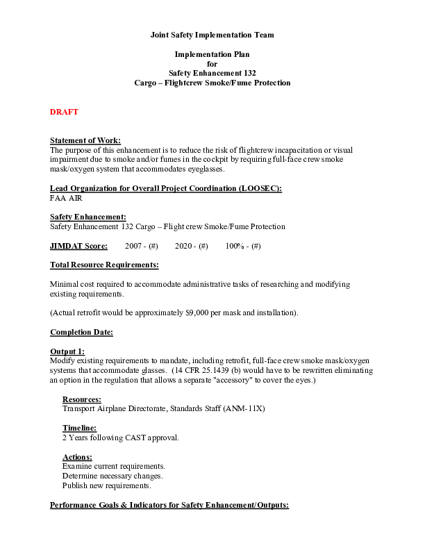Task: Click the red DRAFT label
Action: [64, 112]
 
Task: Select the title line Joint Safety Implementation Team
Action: [212, 34]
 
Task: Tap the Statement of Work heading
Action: [85, 141]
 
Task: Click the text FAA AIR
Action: [66, 198]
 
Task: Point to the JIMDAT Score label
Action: [78, 246]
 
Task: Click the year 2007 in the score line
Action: [133, 246]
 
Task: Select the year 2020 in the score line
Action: [183, 246]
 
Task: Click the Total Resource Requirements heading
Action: [104, 265]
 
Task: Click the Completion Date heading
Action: [81, 333]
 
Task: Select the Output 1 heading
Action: [67, 352]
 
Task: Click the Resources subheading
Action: [81, 399]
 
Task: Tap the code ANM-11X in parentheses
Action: [243, 409]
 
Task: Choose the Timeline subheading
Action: [79, 428]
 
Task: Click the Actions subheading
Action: [77, 457]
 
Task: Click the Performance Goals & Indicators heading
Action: [169, 505]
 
